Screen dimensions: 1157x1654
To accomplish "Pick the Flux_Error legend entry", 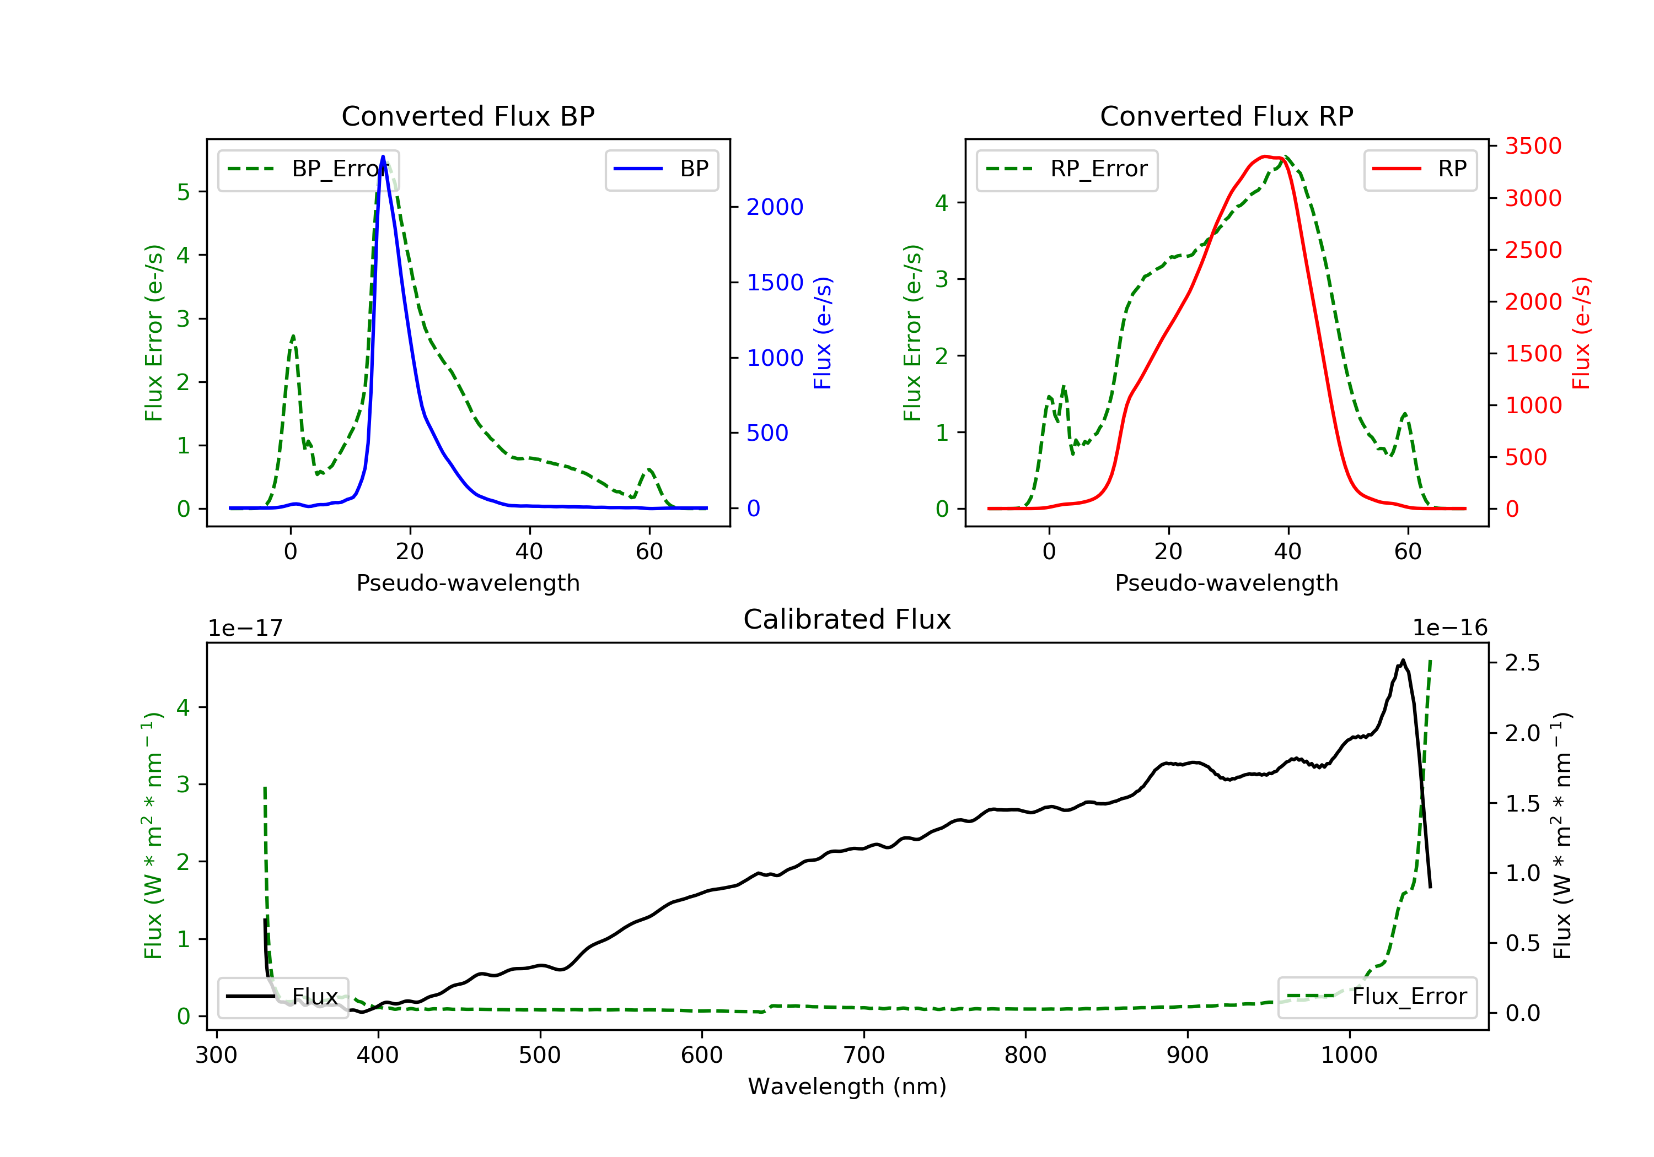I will point(1377,997).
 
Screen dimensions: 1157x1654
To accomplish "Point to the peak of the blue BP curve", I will point(383,156).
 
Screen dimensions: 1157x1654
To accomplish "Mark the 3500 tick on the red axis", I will point(1533,146).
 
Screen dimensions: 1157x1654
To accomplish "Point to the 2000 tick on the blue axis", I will point(775,207).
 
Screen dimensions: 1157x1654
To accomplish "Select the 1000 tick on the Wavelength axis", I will point(1349,1056).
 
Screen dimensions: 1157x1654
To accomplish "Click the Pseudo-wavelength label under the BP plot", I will point(468,583).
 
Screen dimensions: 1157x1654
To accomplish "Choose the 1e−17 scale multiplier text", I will point(245,629).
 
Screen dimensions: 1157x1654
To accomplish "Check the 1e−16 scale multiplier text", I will point(1449,629).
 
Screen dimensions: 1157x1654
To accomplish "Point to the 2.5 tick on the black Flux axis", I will point(1522,663).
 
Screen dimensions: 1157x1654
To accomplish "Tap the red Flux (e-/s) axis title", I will point(1581,333).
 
